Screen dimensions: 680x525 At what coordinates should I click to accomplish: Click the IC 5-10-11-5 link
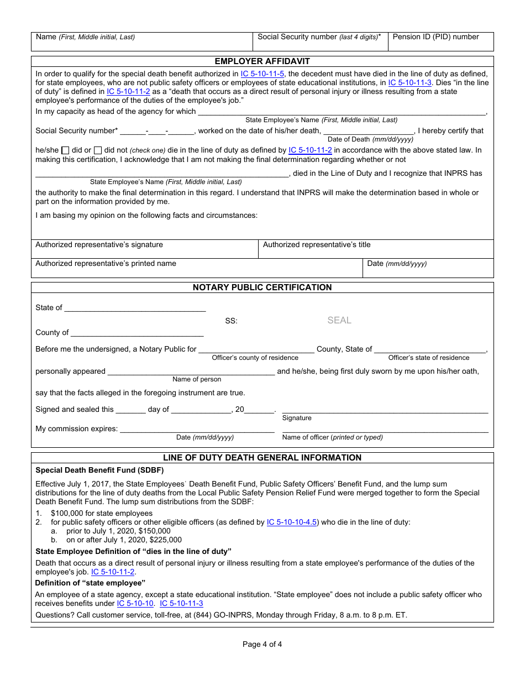coord(262,74)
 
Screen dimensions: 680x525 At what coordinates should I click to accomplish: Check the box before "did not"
coord(98,150)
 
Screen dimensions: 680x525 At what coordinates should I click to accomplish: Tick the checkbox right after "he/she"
coord(65,150)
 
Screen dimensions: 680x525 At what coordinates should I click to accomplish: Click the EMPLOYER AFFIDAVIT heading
coord(262,61)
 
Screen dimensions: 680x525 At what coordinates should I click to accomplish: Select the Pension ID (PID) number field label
coord(435,37)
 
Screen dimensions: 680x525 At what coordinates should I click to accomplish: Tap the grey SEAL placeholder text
coord(339,320)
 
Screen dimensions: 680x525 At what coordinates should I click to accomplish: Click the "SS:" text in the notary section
coord(231,321)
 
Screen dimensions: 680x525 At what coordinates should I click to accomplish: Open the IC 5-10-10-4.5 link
coord(292,522)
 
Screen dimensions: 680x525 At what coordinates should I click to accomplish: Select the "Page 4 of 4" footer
coord(262,644)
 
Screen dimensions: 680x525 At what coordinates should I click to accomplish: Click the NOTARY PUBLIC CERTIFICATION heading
coord(262,287)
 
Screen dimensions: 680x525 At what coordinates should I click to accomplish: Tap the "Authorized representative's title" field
coord(376,249)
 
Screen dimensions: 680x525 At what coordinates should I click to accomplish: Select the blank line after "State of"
coord(135,308)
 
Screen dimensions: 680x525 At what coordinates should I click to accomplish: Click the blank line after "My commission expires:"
coord(197,428)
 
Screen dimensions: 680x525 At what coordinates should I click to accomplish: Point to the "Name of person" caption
coord(197,380)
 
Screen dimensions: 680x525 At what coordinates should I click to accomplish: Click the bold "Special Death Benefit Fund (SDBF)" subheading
coord(99,470)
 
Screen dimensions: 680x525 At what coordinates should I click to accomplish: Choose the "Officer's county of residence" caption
coord(255,358)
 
